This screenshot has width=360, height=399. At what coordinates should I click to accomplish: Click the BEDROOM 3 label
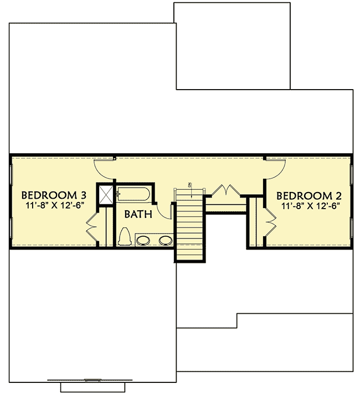[54, 195]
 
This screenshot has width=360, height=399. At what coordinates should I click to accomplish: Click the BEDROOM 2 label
[308, 195]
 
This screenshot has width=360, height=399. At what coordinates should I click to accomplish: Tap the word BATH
[135, 215]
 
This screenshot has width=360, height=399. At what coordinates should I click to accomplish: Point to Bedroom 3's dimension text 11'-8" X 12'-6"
[54, 205]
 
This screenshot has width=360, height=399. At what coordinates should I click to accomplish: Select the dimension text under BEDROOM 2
[309, 205]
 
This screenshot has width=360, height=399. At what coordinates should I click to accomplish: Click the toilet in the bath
[124, 237]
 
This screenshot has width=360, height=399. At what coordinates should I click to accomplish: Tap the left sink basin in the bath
[144, 241]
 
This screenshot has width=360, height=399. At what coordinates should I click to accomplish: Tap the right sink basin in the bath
[164, 241]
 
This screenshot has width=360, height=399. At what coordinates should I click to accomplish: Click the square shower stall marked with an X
[106, 194]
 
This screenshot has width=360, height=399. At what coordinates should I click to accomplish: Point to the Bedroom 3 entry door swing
[104, 165]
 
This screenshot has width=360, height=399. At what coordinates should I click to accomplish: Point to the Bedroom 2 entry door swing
[275, 165]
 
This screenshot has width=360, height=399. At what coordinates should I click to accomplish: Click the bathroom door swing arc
[164, 208]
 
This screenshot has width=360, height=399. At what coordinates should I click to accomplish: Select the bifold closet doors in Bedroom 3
[92, 224]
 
